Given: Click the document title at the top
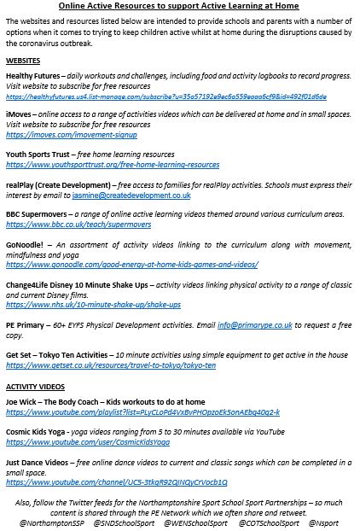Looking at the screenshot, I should click(x=180, y=6).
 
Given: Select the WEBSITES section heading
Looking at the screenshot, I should click(x=23, y=62).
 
